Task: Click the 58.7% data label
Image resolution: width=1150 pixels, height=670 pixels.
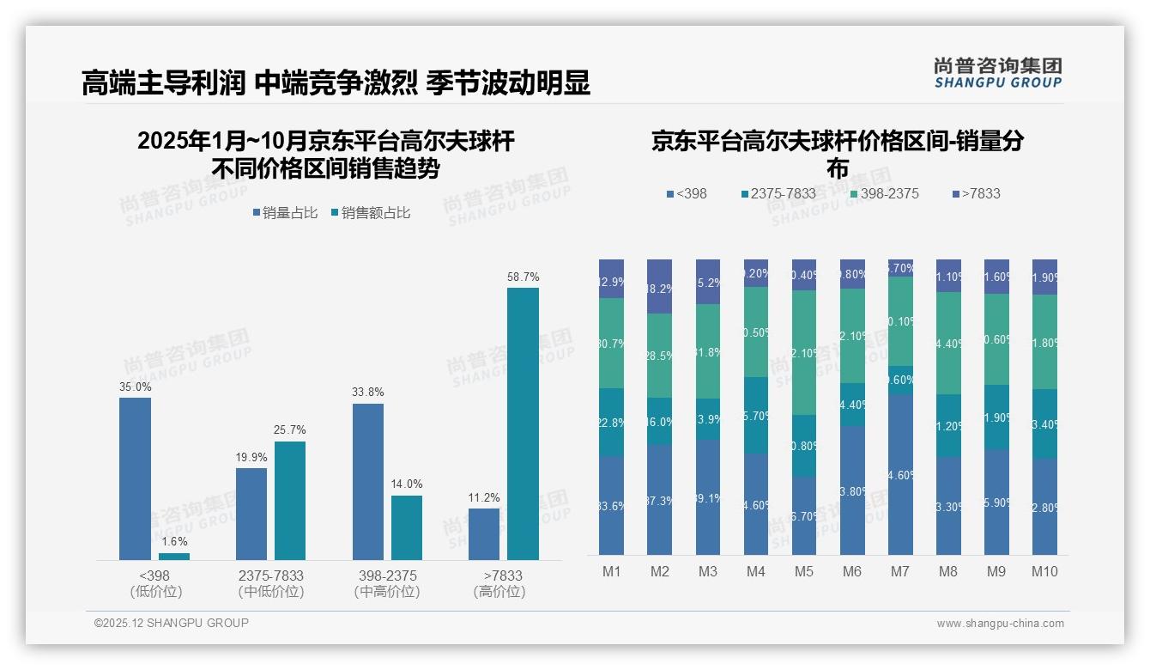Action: (x=523, y=277)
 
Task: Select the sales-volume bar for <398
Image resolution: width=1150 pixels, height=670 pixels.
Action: (x=135, y=478)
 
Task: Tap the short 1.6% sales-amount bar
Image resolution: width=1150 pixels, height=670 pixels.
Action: (x=174, y=556)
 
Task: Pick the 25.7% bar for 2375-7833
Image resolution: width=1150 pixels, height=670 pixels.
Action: (x=290, y=501)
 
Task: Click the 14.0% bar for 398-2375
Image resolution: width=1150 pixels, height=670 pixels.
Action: (x=407, y=527)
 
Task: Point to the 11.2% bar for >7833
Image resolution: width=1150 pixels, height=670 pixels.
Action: (x=484, y=533)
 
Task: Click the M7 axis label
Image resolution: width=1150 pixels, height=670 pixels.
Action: (x=900, y=572)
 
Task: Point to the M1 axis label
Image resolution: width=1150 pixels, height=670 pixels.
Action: (x=611, y=572)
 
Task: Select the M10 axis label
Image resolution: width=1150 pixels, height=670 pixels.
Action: (x=1044, y=572)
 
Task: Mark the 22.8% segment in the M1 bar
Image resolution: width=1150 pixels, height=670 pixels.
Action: (x=611, y=422)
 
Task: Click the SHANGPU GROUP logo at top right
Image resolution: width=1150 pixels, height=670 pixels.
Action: (x=997, y=73)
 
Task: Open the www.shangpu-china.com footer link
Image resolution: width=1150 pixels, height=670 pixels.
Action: (x=1000, y=624)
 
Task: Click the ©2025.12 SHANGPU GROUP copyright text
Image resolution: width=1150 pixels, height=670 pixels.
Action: (x=172, y=623)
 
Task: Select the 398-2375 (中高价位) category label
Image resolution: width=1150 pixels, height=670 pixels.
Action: (x=387, y=583)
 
